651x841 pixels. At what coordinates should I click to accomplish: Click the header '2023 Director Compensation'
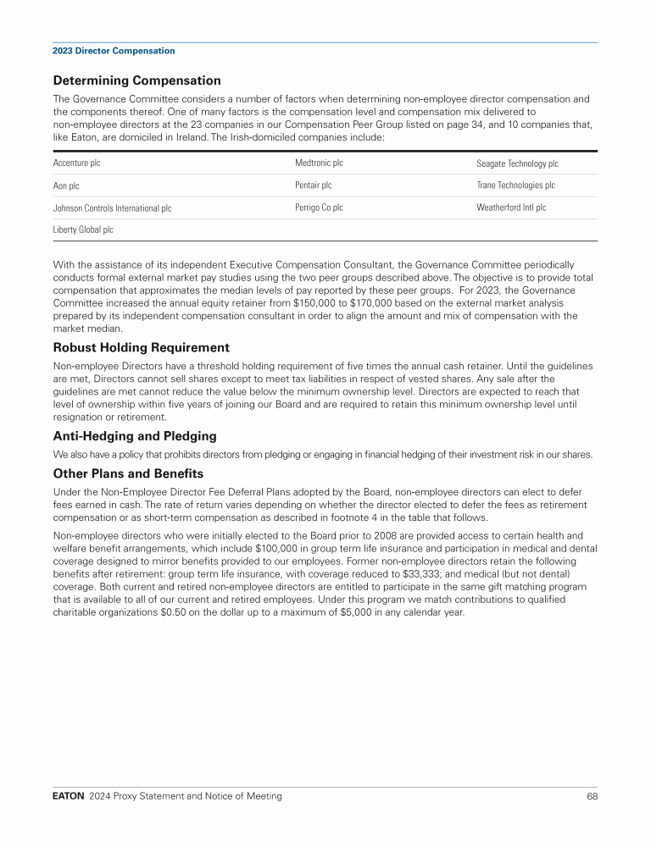coord(114,51)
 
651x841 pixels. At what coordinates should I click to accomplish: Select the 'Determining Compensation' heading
coord(136,80)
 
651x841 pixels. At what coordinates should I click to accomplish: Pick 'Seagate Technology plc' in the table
coord(517,163)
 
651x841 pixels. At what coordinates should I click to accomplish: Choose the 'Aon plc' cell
coord(66,185)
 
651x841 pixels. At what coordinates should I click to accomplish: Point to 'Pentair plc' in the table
coord(313,185)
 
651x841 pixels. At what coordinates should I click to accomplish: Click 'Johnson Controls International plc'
coord(112,207)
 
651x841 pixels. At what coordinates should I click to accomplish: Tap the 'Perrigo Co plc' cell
coord(319,207)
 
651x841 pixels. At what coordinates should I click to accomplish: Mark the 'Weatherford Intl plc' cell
coord(511,207)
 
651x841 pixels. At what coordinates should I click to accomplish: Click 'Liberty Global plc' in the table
coord(83,230)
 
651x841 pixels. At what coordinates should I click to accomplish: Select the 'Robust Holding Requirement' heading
coord(141,347)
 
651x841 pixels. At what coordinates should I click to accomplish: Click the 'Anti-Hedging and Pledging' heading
coord(135,435)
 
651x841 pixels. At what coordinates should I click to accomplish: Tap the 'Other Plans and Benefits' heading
coord(128,473)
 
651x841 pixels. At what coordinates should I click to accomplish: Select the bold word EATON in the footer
coord(68,796)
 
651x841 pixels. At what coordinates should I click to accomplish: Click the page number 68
coord(592,796)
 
